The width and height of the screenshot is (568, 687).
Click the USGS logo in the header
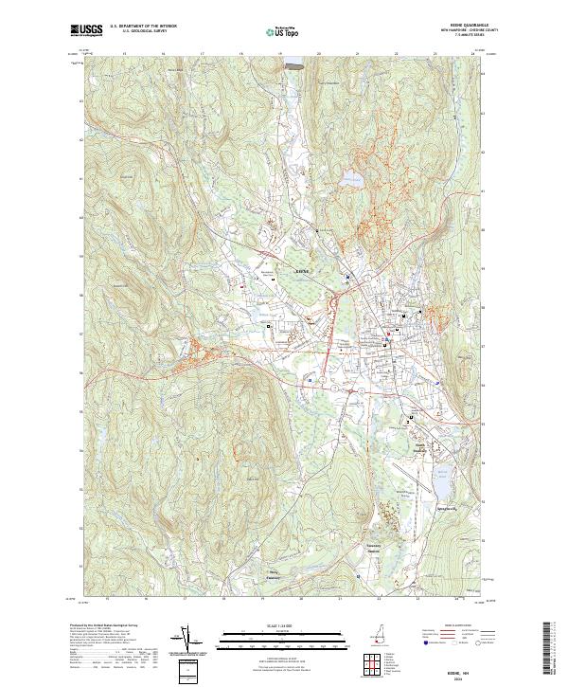click(86, 31)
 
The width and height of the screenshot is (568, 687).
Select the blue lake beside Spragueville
click(441, 483)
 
